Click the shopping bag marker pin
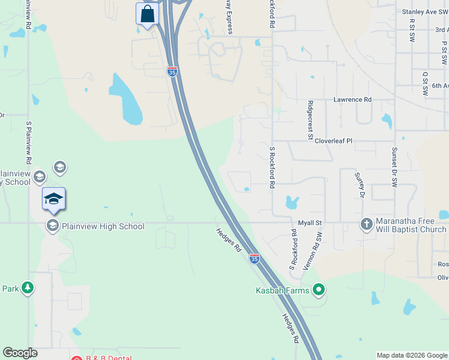[147, 14]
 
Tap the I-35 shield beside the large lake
[172, 72]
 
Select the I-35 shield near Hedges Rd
[255, 259]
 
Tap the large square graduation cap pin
[53, 199]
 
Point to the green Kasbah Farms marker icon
[319, 291]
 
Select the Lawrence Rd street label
[353, 100]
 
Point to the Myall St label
[311, 223]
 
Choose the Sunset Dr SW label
[394, 168]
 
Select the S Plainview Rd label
[29, 147]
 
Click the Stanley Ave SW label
[424, 11]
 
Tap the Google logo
[20, 353]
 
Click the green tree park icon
[28, 289]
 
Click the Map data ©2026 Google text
[411, 355]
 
